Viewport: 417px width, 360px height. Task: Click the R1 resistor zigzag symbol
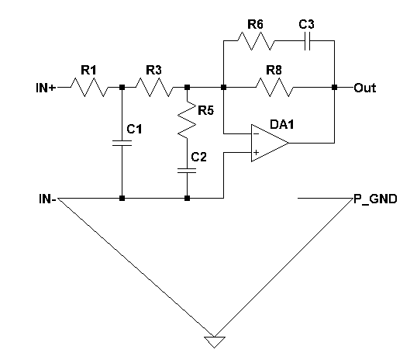(x=89, y=87)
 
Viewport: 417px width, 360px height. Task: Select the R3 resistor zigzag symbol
(x=154, y=87)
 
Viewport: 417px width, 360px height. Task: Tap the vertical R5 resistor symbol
(x=187, y=119)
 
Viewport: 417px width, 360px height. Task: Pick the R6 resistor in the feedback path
(x=256, y=41)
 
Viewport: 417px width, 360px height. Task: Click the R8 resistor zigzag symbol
(x=274, y=87)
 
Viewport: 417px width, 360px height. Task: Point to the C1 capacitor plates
(x=122, y=143)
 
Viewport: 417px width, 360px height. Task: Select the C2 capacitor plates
(x=187, y=171)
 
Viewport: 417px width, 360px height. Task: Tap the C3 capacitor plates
(x=307, y=41)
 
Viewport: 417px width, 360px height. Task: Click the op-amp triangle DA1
(x=270, y=143)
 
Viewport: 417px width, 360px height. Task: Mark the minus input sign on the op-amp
(x=256, y=133)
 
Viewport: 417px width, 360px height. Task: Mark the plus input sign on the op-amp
(x=256, y=152)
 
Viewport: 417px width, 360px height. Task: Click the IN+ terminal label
(x=46, y=88)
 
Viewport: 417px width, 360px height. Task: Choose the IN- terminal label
(x=47, y=199)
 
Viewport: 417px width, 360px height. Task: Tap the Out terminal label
(x=365, y=88)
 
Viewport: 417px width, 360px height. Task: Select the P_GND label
(x=375, y=199)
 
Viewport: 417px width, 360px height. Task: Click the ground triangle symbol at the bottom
(x=215, y=341)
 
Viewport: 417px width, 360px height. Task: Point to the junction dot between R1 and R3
(x=122, y=87)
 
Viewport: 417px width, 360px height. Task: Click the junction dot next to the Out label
(x=334, y=87)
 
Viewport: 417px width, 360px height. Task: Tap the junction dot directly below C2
(x=187, y=198)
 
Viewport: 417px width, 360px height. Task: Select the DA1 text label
(x=282, y=124)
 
